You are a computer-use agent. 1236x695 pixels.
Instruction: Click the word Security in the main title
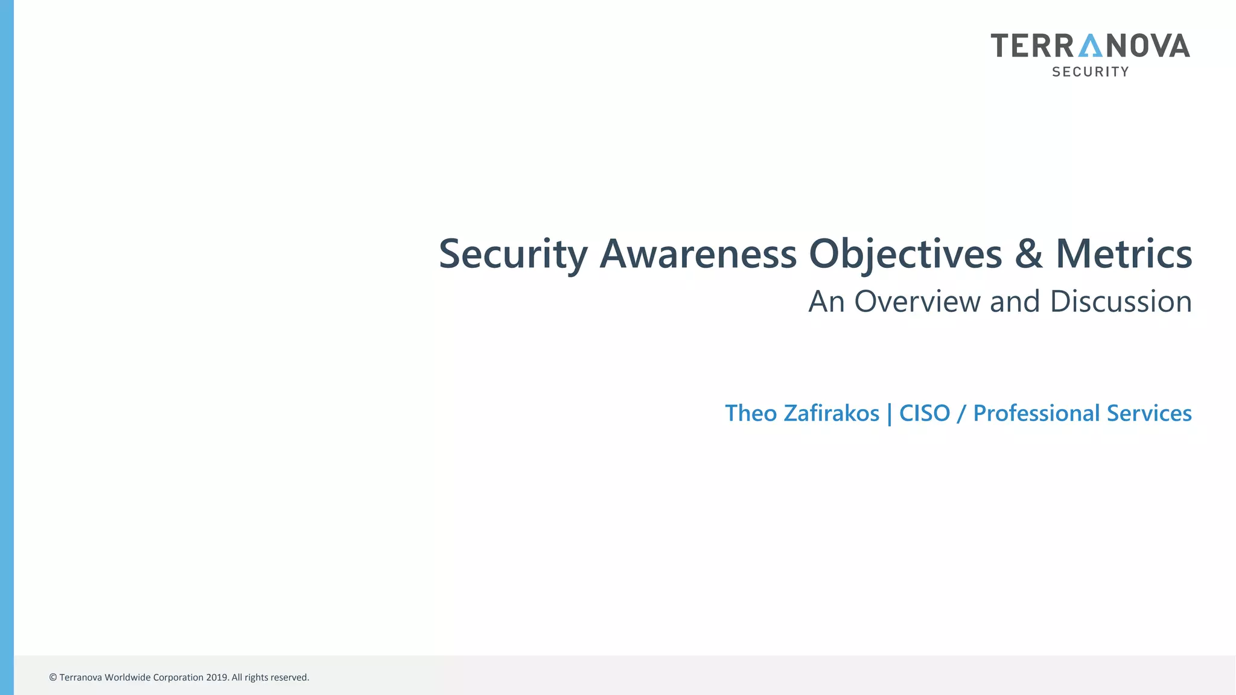point(512,254)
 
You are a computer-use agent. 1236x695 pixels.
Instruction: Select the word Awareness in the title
point(698,254)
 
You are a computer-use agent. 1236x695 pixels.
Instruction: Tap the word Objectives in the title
point(905,254)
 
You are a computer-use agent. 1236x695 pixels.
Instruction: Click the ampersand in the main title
point(1028,254)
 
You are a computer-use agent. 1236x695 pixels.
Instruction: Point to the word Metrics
point(1123,254)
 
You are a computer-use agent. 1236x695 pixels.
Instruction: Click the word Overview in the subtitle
point(917,302)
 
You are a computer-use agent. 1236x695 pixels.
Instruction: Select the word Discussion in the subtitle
point(1121,302)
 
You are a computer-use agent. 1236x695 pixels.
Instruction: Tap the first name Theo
point(751,414)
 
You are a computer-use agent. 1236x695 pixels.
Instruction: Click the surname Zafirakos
point(831,414)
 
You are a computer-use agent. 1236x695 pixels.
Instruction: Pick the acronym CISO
point(925,414)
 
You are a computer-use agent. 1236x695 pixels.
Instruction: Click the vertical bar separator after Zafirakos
point(890,414)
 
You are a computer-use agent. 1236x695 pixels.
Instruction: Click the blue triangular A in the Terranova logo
point(1090,46)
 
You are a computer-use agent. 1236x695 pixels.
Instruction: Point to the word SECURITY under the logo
point(1090,72)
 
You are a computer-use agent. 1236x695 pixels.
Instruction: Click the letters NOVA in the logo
point(1147,46)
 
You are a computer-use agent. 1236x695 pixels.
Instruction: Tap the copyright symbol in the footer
point(53,678)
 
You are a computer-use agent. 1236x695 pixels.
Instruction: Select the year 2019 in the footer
point(217,678)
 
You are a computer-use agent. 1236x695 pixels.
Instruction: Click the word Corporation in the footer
point(178,678)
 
